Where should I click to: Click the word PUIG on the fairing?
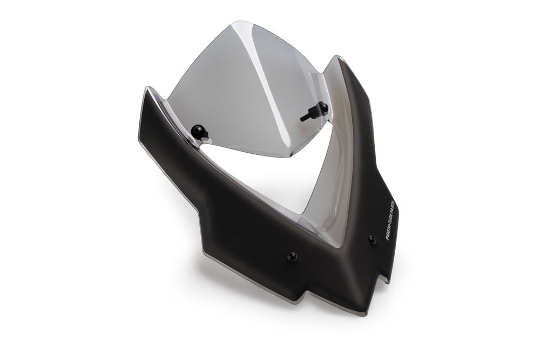point(388,234)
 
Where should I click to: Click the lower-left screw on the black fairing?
point(292,256)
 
